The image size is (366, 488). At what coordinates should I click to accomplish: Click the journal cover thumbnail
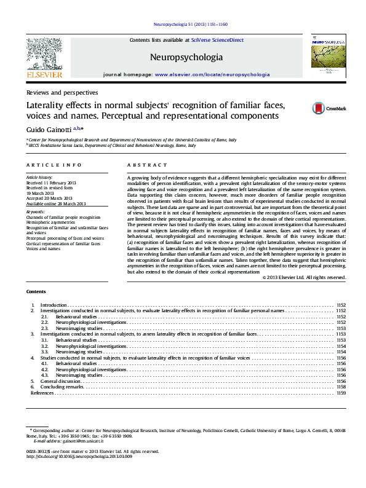click(x=328, y=57)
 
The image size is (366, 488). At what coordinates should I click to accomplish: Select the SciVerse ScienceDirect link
click(x=217, y=40)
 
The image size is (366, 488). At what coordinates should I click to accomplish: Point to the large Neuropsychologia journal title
click(x=186, y=57)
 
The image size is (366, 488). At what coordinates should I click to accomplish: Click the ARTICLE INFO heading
click(x=54, y=165)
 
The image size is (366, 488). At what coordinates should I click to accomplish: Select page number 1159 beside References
click(x=341, y=393)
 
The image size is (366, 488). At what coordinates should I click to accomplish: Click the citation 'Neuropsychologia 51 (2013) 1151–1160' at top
click(x=189, y=25)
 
